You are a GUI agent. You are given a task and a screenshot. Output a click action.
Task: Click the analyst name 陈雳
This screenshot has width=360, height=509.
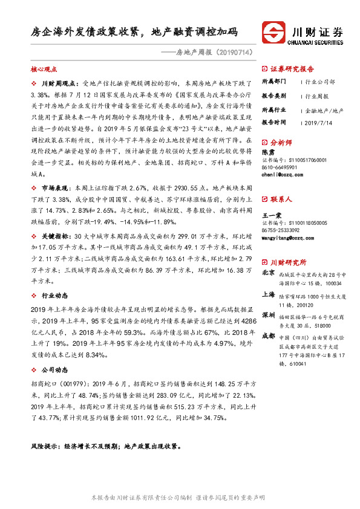click(267, 153)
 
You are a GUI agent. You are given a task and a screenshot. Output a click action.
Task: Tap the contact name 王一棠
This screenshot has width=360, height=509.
click(270, 215)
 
